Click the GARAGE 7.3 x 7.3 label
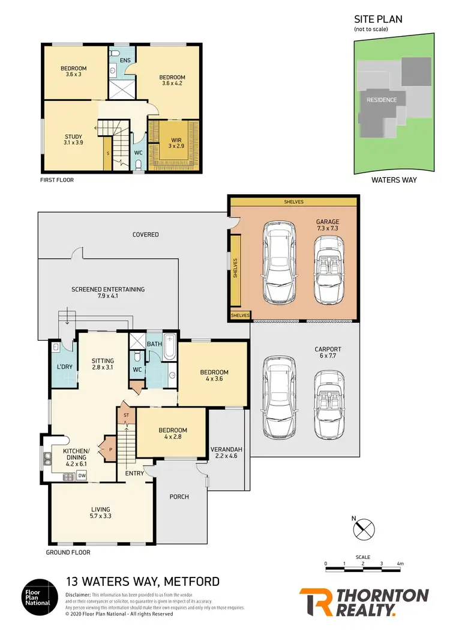[x=328, y=225]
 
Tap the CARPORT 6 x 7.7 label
[x=328, y=353]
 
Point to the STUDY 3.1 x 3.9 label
[x=73, y=139]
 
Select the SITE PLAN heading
[x=378, y=19]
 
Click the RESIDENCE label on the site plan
[x=382, y=100]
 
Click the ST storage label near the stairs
[x=126, y=415]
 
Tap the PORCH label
[x=179, y=496]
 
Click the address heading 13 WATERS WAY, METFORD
[x=142, y=581]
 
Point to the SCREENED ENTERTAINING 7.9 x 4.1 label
[x=108, y=293]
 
